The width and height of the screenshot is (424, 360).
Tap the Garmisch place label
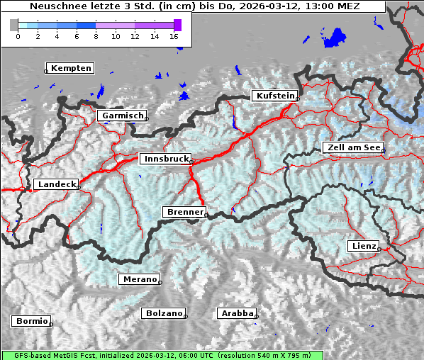coord(123,116)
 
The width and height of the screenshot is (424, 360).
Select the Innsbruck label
coord(166,159)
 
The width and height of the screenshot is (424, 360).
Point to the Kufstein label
coord(274,96)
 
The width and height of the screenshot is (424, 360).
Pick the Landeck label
coord(56,184)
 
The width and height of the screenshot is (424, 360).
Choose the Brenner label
coord(185,212)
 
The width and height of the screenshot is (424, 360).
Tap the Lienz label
coord(364,246)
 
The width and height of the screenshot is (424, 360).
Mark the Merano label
coord(139,279)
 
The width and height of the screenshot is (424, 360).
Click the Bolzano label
coord(164,313)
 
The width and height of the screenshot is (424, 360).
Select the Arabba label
coord(237,313)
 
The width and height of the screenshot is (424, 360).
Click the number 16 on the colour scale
coord(174,36)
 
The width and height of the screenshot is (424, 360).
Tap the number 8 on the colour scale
coord(96,36)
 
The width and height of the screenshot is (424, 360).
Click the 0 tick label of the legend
coord(18,36)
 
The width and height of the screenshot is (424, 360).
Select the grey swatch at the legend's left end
coord(14,25)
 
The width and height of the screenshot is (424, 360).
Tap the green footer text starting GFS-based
coord(162,355)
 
